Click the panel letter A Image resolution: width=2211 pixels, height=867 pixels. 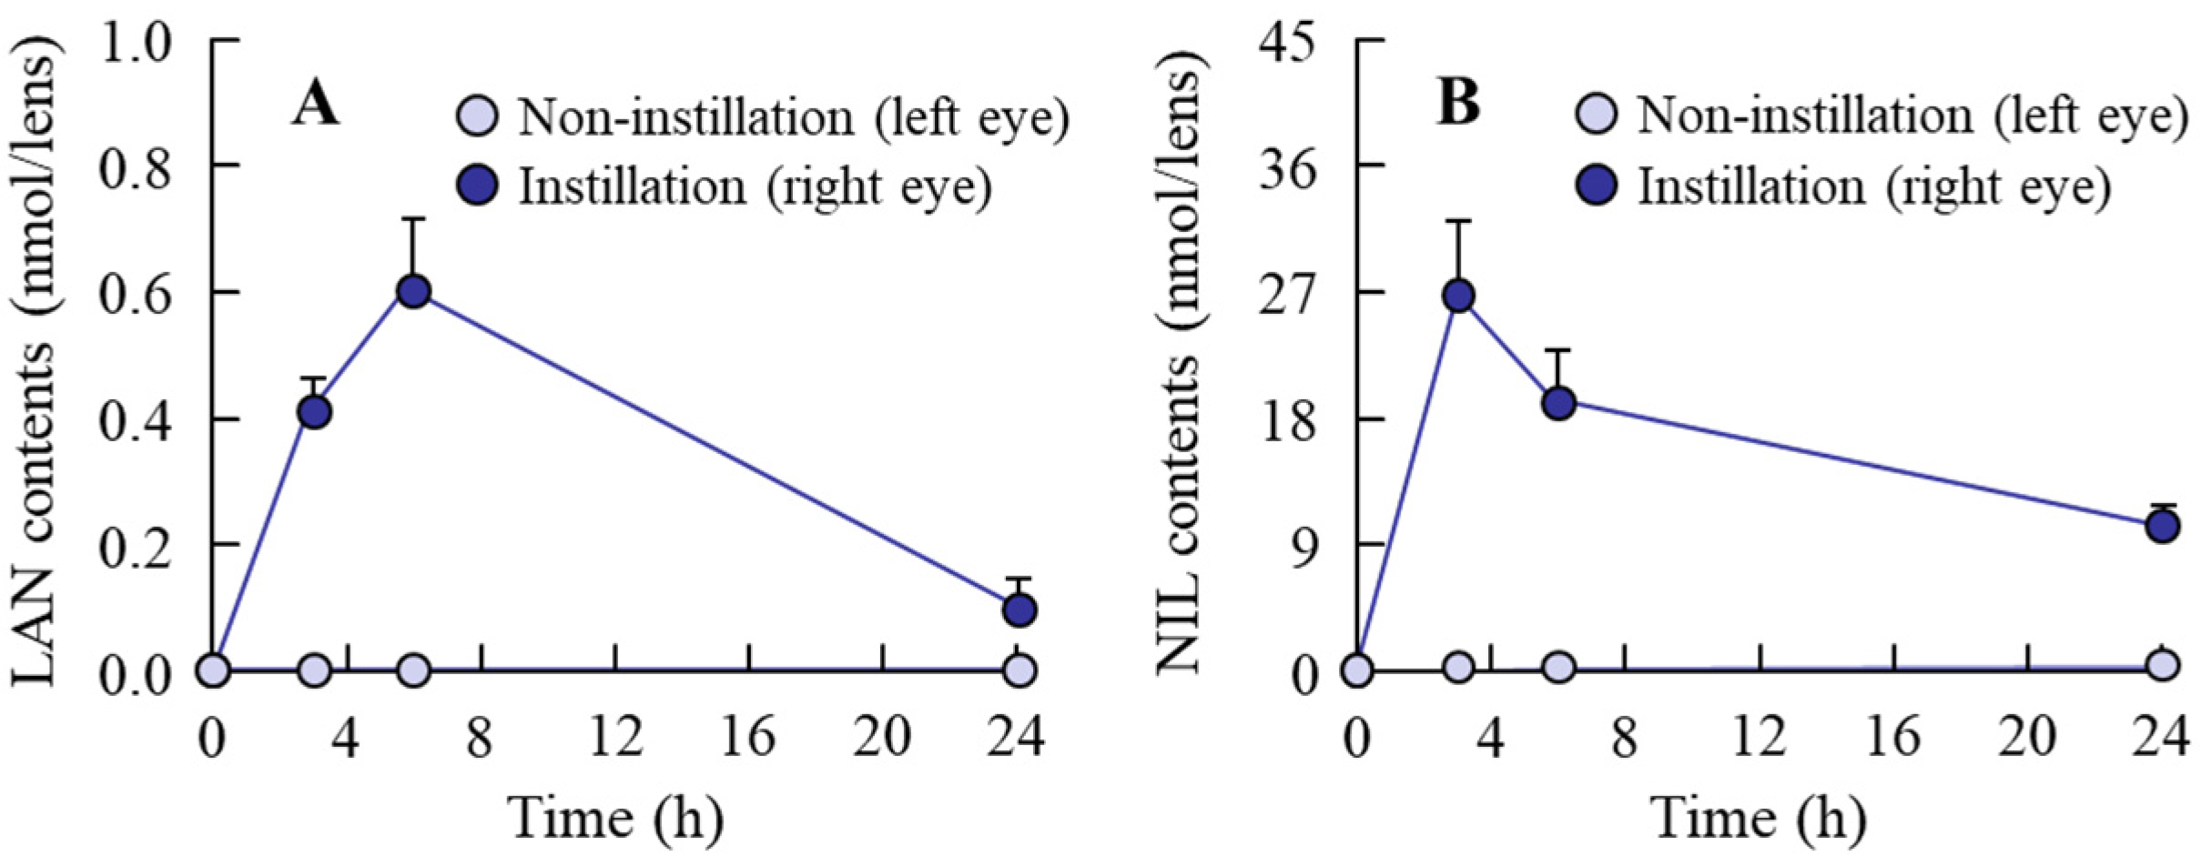[x=315, y=106]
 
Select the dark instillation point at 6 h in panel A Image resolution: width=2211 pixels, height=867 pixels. [x=414, y=292]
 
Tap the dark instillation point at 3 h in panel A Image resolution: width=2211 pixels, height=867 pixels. [x=314, y=412]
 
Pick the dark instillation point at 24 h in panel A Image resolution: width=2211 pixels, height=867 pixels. [x=1019, y=610]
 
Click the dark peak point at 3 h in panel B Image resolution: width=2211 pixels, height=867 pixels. [x=1458, y=296]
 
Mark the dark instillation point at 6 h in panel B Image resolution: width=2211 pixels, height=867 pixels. [x=1559, y=402]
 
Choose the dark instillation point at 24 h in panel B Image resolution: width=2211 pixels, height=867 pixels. [x=2163, y=526]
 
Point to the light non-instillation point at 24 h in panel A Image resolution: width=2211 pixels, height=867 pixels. [x=1019, y=670]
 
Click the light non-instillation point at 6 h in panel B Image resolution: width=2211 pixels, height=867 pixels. [x=1559, y=668]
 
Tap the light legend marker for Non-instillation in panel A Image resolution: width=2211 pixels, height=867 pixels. [x=478, y=117]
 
